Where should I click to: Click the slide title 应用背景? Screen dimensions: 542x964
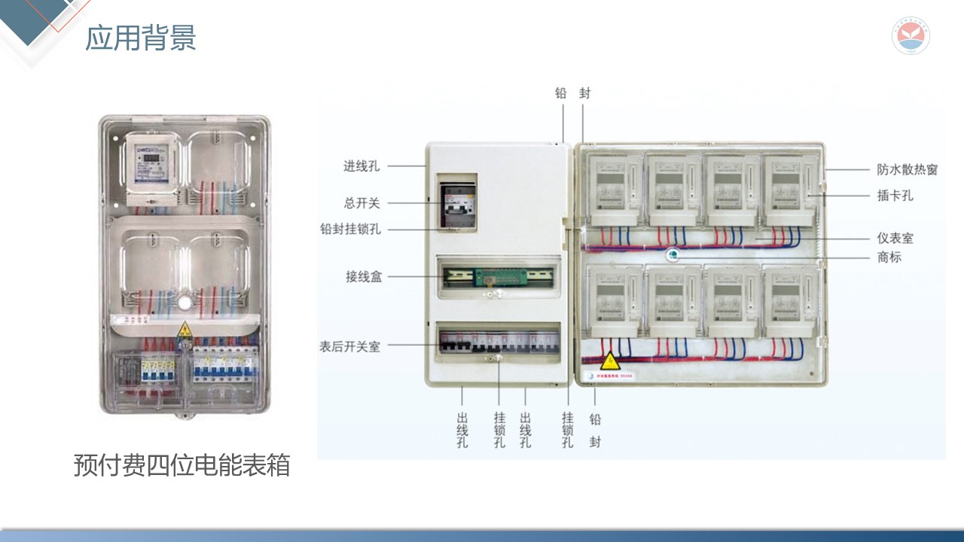pos(141,38)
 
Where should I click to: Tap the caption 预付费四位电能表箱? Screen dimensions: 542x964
pos(182,464)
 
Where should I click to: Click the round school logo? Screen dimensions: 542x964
pos(911,36)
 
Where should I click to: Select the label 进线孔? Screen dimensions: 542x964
pos(361,166)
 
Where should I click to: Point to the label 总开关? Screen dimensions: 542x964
pos(361,203)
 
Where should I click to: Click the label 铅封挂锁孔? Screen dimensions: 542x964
pos(350,229)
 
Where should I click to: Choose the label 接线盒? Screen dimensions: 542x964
pos(364,277)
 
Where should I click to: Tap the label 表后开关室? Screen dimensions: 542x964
pos(349,346)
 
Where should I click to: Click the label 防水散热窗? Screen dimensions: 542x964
pos(907,170)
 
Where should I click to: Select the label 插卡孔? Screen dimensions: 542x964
pos(895,196)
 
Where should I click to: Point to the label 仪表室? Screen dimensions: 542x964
pos(895,238)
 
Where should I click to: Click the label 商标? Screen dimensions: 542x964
pos(889,257)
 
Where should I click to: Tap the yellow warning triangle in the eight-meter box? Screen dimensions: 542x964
pos(609,361)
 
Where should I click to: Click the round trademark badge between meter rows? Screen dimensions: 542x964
pos(673,255)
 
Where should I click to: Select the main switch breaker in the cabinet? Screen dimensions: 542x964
pos(457,204)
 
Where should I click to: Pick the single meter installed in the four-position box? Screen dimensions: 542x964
pos(152,169)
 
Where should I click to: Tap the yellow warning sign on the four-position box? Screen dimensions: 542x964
pos(184,329)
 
